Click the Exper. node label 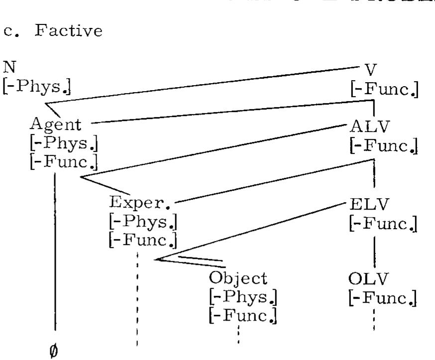click(x=140, y=203)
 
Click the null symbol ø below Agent click(x=54, y=349)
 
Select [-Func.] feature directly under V click(x=383, y=90)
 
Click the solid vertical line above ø click(x=54, y=249)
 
